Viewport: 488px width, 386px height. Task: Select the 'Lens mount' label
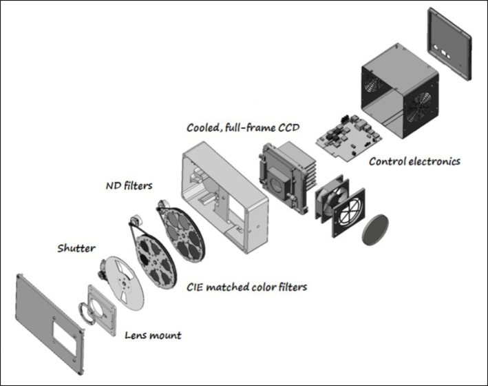tap(153, 336)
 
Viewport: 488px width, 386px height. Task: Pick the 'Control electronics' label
tap(414, 162)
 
